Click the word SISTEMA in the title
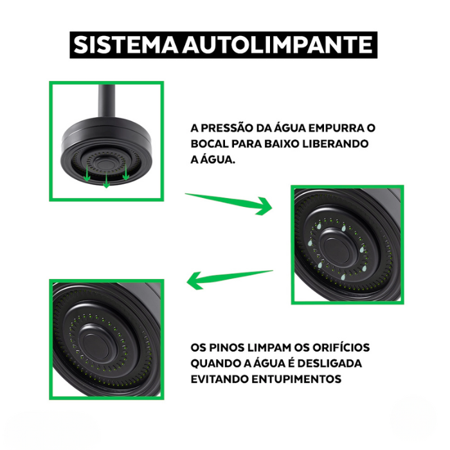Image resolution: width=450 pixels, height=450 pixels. point(126,45)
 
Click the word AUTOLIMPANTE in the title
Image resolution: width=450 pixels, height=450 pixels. point(277,45)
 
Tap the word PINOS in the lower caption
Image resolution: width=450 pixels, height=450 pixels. point(226,348)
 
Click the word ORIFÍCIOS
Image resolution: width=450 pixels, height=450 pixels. point(341,347)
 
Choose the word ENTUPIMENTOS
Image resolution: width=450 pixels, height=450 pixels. point(296,379)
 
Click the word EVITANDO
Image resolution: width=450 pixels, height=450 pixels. point(220,379)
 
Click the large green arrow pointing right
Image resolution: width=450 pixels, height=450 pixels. point(229,204)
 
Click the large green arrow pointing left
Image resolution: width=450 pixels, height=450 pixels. point(230,279)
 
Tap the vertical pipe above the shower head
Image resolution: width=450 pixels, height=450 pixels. point(107,100)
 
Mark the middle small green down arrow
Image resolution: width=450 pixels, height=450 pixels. point(107,180)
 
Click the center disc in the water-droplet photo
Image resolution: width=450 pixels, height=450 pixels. point(336,248)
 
